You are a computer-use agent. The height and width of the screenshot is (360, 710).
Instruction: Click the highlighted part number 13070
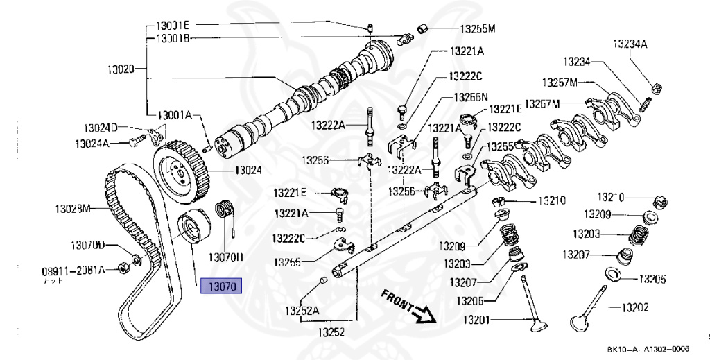coord(220,284)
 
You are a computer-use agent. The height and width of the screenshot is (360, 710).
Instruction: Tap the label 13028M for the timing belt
coord(73,208)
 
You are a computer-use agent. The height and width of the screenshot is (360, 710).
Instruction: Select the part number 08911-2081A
coord(73,270)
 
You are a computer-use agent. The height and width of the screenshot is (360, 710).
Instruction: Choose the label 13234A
coord(629,44)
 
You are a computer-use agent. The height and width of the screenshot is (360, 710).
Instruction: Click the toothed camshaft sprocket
coord(181,166)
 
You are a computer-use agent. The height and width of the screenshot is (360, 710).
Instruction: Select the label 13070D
coord(87,246)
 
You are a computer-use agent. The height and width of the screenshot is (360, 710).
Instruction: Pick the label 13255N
coord(471,97)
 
